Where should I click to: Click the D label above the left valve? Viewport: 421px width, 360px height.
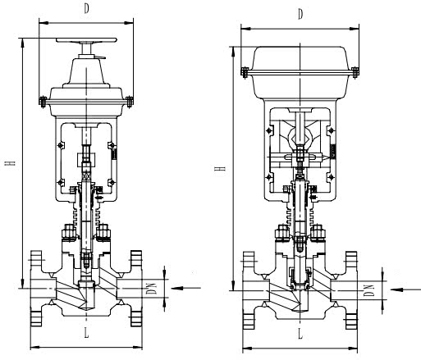coord(86,8)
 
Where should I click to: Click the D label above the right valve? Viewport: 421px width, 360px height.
coord(301,14)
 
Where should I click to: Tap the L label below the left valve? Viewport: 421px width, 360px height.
coord(86,331)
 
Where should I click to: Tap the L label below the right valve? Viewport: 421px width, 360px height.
coord(301,336)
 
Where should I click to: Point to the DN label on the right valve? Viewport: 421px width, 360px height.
coord(370,289)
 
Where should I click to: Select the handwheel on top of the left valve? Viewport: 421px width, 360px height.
coord(86,40)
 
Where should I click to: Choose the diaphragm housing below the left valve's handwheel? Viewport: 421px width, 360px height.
coord(86,94)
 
